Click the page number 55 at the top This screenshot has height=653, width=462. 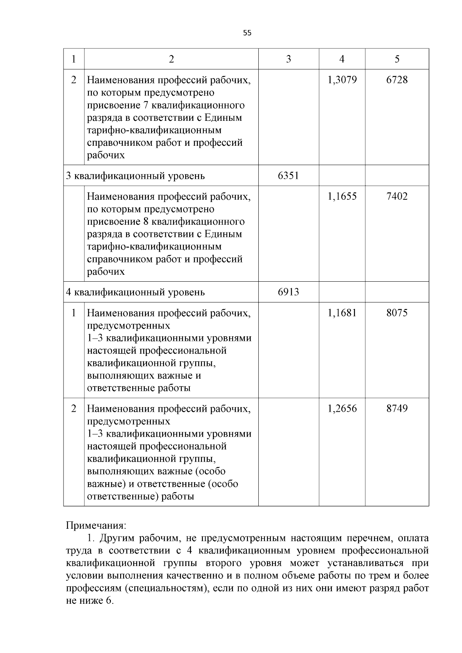(247, 33)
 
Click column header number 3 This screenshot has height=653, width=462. (288, 59)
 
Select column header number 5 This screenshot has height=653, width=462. (397, 59)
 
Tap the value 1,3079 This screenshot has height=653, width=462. (342, 80)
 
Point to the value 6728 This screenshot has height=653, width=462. (397, 80)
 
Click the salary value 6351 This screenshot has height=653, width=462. (288, 176)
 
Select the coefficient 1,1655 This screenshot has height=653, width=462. (342, 196)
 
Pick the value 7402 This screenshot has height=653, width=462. (397, 196)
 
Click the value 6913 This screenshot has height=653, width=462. (288, 292)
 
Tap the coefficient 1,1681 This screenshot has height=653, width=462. (342, 312)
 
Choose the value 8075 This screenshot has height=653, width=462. (397, 312)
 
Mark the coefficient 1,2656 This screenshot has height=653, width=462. (342, 408)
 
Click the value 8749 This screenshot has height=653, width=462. (397, 408)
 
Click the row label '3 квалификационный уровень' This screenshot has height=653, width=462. (135, 176)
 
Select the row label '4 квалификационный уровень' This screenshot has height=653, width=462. (135, 292)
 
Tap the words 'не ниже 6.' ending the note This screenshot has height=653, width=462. (90, 601)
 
